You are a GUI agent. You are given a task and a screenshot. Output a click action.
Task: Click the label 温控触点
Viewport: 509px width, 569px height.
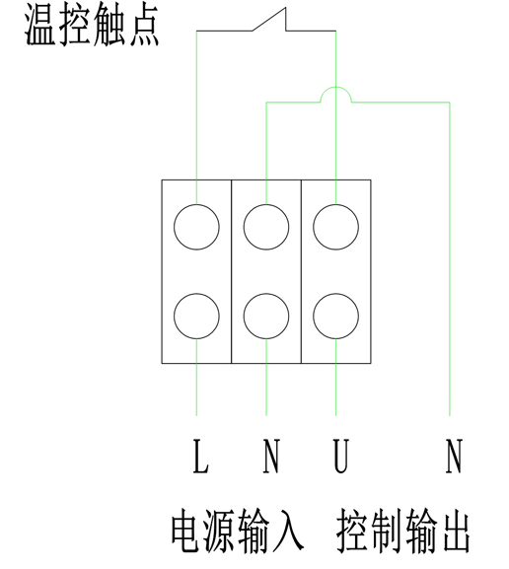92,26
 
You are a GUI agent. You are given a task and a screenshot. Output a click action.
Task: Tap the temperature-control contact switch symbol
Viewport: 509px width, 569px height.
269,20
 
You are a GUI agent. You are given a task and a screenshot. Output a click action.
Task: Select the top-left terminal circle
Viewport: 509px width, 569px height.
196,227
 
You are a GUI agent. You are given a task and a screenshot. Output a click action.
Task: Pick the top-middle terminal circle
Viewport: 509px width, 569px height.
266,227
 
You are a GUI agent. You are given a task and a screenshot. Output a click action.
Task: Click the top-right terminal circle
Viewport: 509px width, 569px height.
335,227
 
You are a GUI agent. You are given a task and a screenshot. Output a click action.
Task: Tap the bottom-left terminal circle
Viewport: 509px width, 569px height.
196,317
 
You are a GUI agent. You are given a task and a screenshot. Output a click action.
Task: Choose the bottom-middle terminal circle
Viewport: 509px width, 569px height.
266,317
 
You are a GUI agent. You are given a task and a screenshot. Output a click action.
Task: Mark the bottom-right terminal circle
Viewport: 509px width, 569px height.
335,317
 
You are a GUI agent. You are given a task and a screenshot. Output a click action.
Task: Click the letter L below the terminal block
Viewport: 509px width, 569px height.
200,457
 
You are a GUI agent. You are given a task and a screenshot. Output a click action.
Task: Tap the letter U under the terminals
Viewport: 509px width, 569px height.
341,457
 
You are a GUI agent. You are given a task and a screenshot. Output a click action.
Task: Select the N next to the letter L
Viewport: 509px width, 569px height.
271,457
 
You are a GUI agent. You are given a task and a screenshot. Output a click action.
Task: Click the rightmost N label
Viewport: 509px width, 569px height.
454,457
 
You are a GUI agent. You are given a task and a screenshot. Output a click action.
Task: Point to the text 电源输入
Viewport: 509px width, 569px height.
238,531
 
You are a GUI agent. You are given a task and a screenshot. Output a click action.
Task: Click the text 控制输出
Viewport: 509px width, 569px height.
402,531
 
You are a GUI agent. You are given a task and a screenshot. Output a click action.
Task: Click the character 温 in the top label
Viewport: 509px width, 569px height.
39,26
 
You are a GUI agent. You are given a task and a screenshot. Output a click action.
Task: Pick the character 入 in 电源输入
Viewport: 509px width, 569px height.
289,531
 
